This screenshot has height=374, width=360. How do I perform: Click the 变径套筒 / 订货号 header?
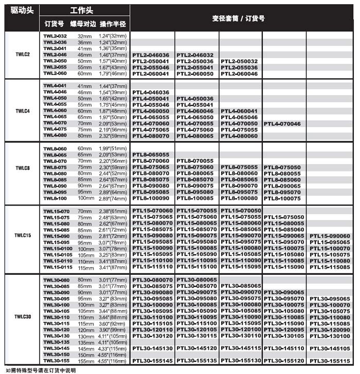(238, 18)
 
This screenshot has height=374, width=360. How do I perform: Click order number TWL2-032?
(55, 36)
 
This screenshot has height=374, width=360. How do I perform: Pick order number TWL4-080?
(55, 136)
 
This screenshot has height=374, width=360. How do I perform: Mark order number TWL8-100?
(55, 198)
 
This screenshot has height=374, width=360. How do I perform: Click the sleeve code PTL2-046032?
(195, 54)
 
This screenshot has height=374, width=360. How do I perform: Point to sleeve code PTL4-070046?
(283, 123)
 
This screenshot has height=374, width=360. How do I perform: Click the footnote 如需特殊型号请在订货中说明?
(41, 370)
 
